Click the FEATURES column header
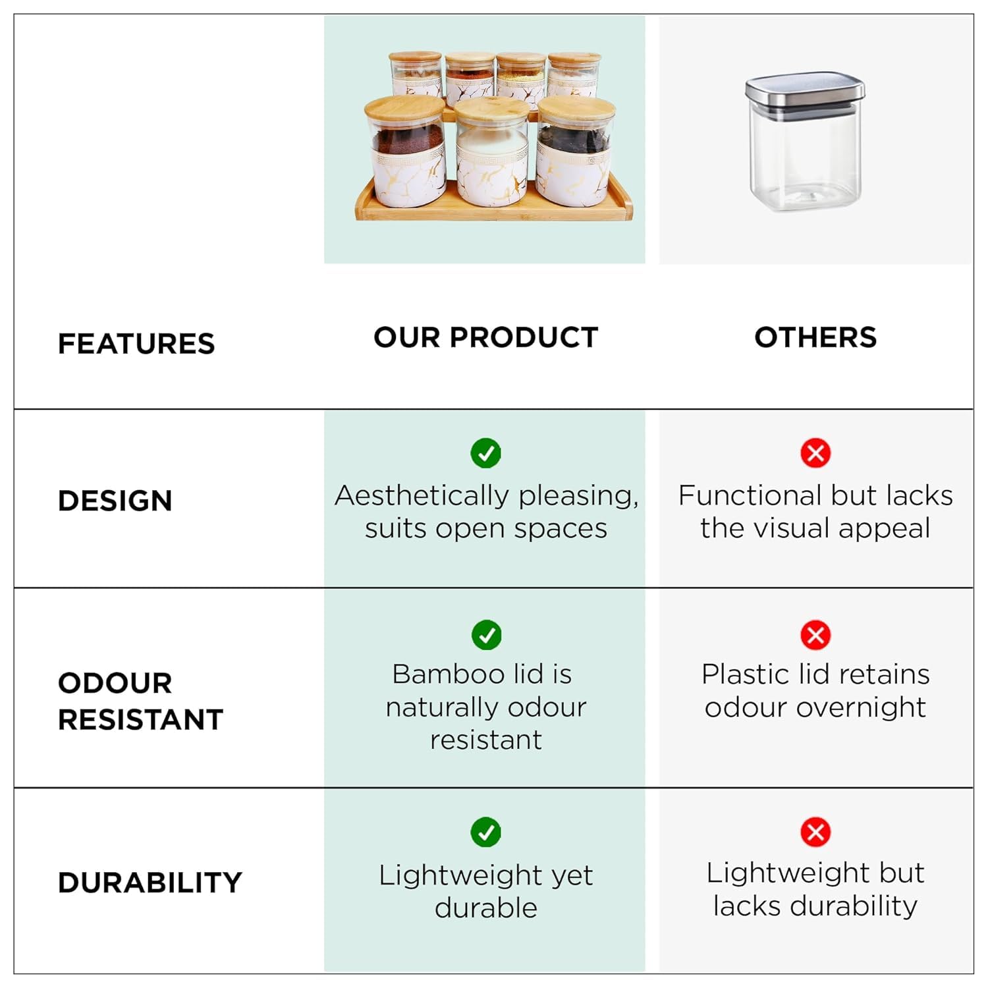click(136, 344)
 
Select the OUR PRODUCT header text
click(486, 337)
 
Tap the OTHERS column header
click(815, 337)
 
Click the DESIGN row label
click(115, 501)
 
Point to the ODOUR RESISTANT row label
click(141, 701)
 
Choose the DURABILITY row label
click(150, 883)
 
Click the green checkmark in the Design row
click(486, 453)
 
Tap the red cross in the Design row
click(815, 453)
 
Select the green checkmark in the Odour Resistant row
click(487, 635)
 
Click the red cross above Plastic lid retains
click(815, 635)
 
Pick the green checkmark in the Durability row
click(486, 832)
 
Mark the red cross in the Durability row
click(815, 832)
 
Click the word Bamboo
click(448, 674)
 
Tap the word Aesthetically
click(422, 496)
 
